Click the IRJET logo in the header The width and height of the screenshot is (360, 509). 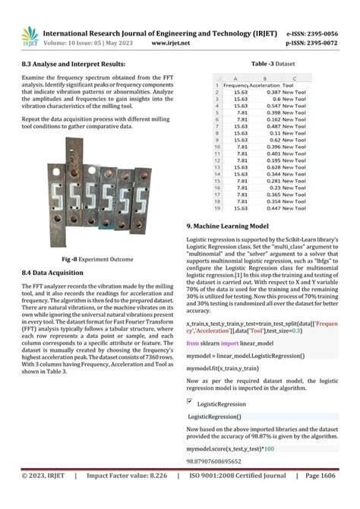29,35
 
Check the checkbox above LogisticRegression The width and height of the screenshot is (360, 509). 190,400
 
